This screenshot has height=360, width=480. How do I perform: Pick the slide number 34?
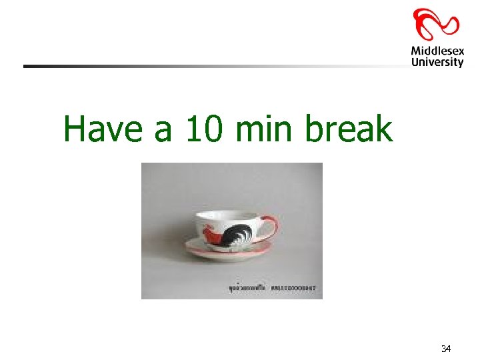coord(446,349)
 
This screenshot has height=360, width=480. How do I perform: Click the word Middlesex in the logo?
coord(437,51)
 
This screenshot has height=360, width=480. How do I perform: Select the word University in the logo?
coord(437,62)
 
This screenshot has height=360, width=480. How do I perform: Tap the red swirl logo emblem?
coord(436,24)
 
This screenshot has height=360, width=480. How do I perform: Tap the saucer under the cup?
coord(230,252)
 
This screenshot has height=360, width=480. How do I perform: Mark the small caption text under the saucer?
coord(269,289)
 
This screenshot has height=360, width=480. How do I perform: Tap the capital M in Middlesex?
coord(415,51)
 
